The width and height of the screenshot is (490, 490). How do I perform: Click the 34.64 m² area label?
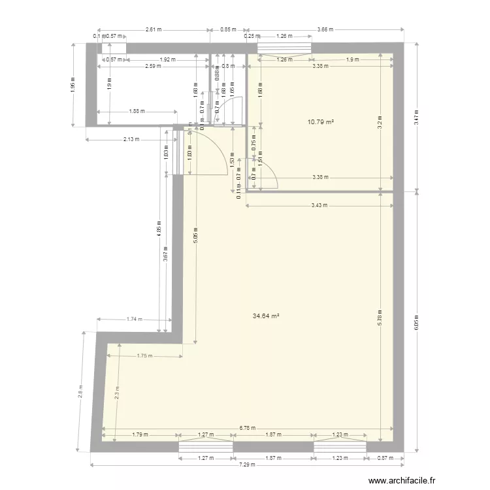(266, 316)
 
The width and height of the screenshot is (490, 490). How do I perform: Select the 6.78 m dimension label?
(248, 429)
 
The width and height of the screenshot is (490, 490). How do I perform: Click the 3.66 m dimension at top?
(324, 29)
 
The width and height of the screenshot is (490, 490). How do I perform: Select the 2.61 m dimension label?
(153, 29)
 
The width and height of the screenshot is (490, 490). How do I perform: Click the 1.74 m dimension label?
(133, 319)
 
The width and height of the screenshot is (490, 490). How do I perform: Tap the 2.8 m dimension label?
(80, 391)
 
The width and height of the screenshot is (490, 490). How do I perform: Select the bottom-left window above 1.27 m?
(206, 446)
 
